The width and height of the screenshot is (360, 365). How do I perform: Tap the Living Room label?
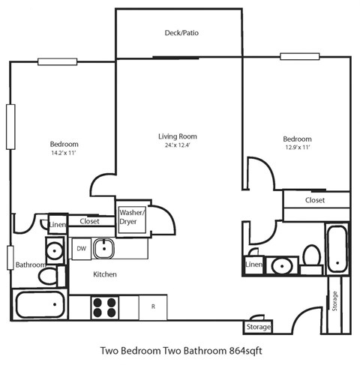[x=177, y=136]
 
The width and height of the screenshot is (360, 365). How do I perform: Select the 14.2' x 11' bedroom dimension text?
[x=64, y=153]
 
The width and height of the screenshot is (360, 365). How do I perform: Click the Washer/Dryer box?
[x=132, y=217]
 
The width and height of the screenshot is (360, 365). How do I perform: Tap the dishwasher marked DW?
[x=81, y=248]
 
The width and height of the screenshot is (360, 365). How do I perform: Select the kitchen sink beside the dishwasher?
[x=106, y=248]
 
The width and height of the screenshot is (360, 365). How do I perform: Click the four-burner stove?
[x=105, y=306]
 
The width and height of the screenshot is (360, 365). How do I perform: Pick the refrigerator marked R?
[x=152, y=306]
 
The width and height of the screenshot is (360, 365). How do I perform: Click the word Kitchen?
[x=104, y=275]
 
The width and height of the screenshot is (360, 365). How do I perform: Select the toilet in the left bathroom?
[x=47, y=276]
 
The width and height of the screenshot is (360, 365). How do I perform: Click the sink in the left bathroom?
[x=55, y=249]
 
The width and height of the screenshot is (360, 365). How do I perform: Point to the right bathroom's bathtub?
[x=337, y=248]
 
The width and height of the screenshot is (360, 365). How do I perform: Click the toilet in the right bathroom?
[x=310, y=257]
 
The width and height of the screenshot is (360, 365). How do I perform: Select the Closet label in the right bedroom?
[x=315, y=201]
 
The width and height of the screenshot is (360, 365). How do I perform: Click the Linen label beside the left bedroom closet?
[x=58, y=225]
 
